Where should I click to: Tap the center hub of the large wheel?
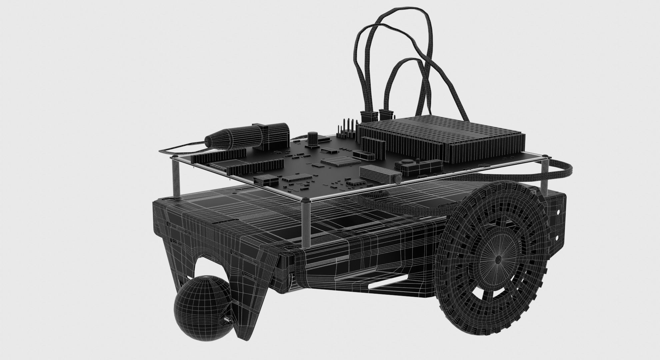[x=498, y=259]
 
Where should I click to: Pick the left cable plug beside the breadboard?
[x=369, y=116]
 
